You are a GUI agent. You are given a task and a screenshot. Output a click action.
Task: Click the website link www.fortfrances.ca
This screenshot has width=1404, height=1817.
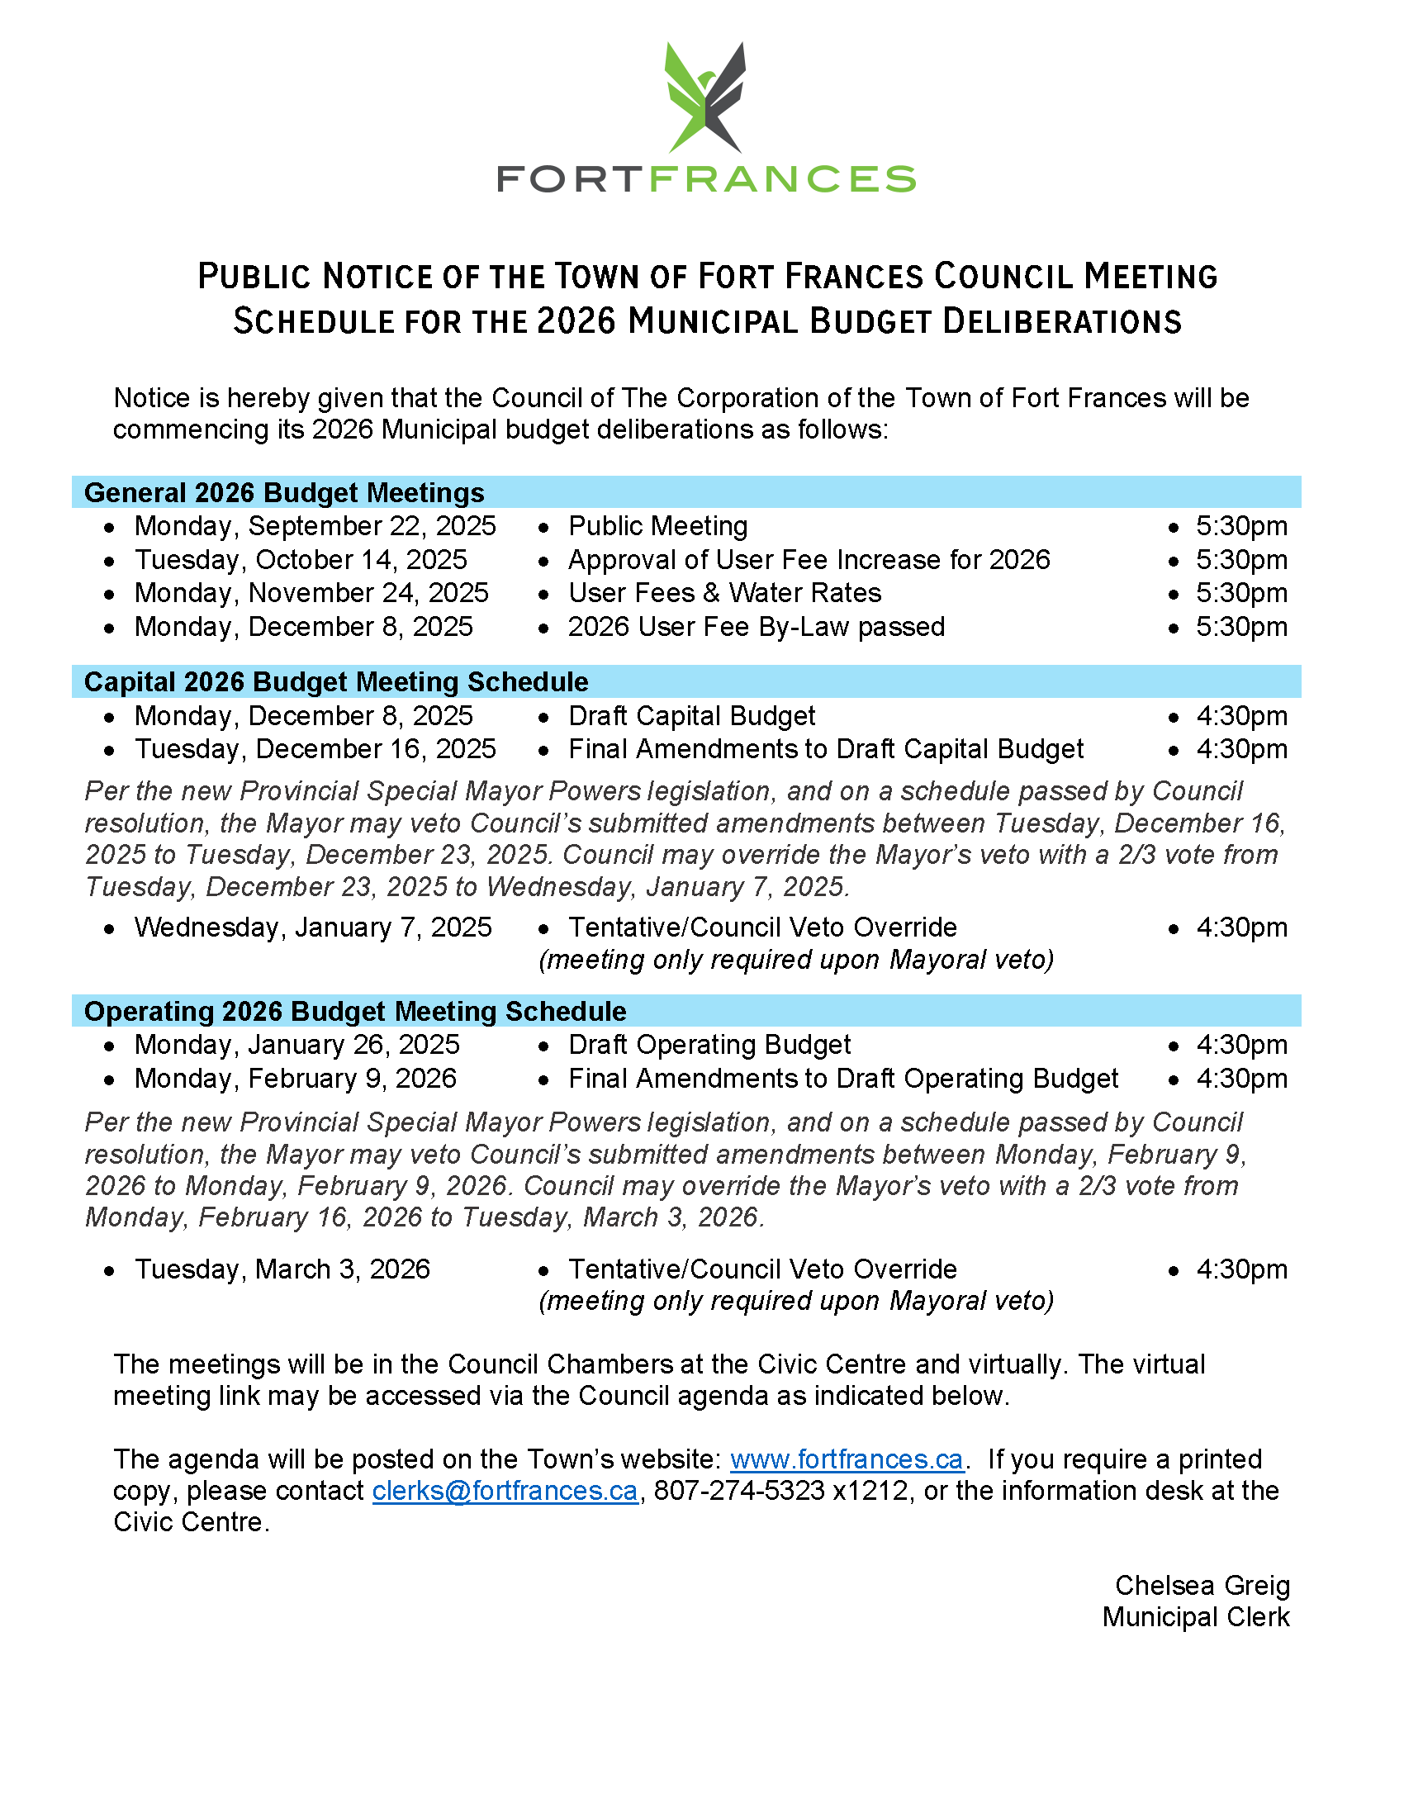click(x=846, y=1459)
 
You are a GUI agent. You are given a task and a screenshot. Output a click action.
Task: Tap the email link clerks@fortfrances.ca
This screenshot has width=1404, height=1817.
click(x=505, y=1491)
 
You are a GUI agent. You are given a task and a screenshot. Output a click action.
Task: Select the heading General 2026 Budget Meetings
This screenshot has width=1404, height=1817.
click(x=283, y=492)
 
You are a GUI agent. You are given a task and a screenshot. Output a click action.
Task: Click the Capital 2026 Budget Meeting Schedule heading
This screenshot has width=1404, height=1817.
click(x=336, y=682)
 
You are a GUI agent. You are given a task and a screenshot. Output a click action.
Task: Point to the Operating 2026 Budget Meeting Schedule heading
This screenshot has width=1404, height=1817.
click(x=355, y=1012)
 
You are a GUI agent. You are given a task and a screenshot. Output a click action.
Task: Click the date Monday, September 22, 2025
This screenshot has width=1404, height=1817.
click(x=315, y=527)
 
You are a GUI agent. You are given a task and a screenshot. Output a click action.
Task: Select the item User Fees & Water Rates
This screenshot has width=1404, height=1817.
click(x=724, y=593)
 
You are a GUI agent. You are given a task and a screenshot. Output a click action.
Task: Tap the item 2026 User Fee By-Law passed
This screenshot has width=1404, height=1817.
click(x=756, y=627)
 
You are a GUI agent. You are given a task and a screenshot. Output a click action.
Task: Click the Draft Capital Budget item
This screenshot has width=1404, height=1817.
click(x=691, y=716)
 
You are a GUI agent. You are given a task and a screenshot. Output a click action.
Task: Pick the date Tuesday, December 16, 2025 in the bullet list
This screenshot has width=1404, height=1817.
click(x=315, y=750)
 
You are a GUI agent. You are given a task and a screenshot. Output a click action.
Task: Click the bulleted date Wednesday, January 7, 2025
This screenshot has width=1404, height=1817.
click(x=313, y=927)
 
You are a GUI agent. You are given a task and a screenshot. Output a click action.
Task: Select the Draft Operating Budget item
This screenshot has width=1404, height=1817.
click(x=709, y=1045)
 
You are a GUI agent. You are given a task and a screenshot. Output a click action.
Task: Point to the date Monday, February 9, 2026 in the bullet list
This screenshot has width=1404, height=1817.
click(x=296, y=1079)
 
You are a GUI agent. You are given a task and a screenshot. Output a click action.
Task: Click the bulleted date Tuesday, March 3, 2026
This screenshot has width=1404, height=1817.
click(x=282, y=1269)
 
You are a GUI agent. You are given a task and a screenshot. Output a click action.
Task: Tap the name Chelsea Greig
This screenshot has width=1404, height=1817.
click(x=1202, y=1586)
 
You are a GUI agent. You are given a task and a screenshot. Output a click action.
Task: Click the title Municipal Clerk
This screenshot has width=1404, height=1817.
click(x=1195, y=1617)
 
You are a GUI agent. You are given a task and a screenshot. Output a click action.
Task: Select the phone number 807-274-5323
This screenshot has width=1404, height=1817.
click(x=738, y=1491)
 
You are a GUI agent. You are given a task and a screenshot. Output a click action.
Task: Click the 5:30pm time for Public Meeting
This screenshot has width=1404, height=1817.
click(x=1241, y=527)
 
